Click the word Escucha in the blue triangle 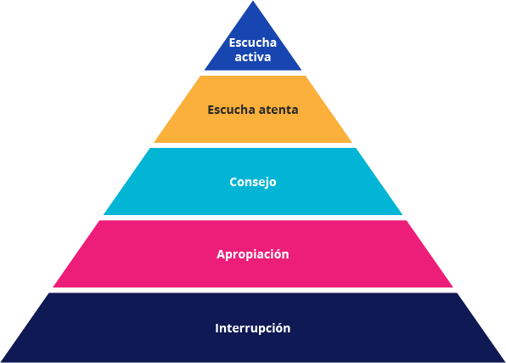click(253, 43)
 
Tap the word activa click(253, 57)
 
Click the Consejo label click(253, 182)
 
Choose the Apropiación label click(253, 255)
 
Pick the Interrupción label click(253, 328)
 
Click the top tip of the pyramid click(253, 1)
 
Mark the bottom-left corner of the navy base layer click(2, 361)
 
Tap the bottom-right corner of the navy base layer click(504, 361)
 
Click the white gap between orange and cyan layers click(253, 145)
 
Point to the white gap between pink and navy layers click(253, 290)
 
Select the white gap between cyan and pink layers click(253, 218)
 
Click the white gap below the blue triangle click(253, 73)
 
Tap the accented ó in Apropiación click(278, 254)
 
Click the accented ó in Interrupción click(279, 328)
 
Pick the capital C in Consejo click(233, 182)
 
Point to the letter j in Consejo click(266, 183)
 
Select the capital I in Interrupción click(217, 328)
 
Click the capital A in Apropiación click(221, 254)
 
